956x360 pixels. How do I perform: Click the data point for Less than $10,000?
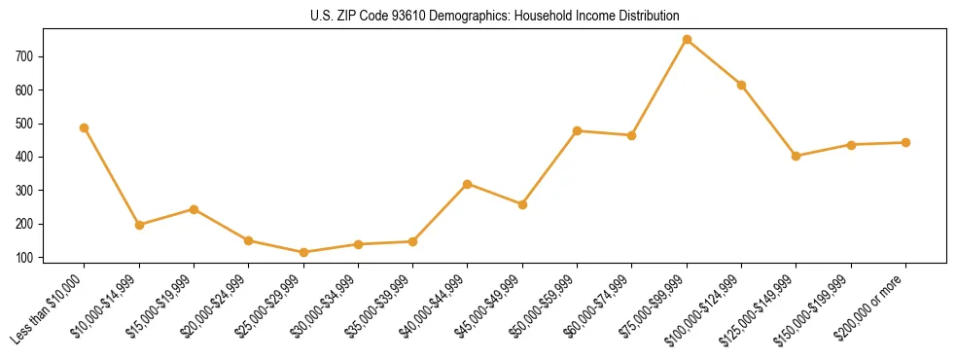(85, 127)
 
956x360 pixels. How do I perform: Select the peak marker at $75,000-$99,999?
(687, 40)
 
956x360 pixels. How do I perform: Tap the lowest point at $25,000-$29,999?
(303, 252)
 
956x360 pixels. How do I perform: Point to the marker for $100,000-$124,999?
(741, 85)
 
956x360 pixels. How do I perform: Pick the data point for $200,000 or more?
(905, 142)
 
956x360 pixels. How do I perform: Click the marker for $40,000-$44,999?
(468, 184)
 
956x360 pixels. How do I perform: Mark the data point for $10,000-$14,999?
(139, 225)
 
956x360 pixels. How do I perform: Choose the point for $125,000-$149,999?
(797, 156)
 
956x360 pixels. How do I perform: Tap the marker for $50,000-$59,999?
(578, 130)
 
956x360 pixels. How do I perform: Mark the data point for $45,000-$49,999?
(522, 204)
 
